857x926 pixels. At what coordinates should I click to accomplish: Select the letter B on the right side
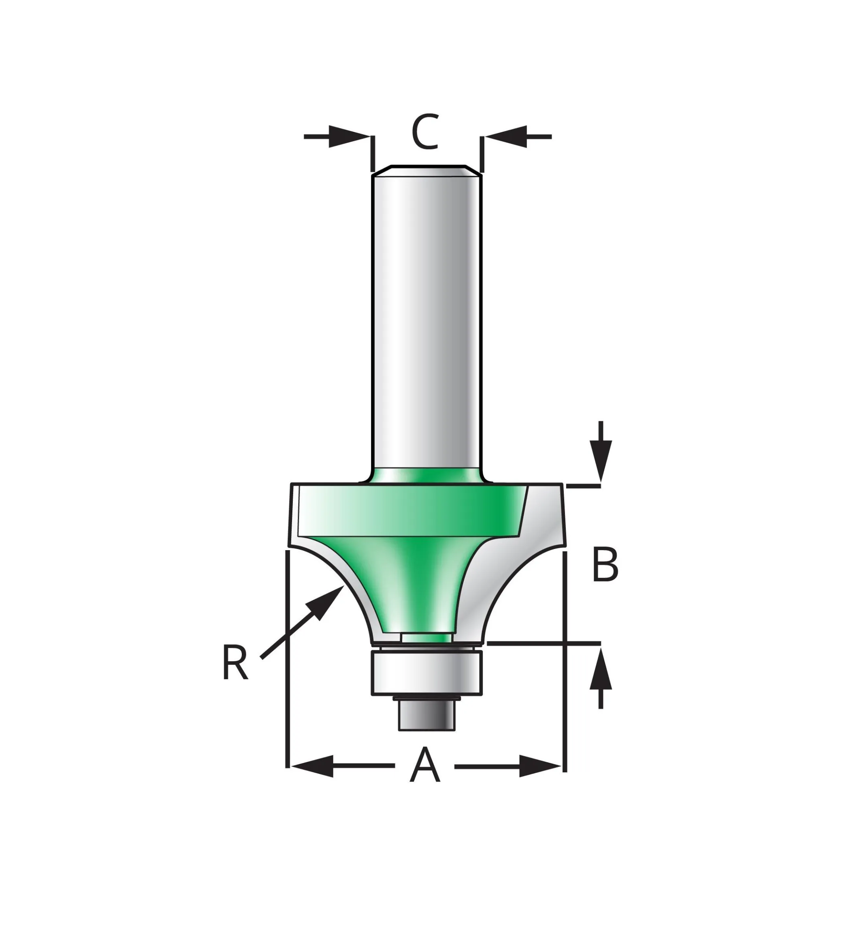605,565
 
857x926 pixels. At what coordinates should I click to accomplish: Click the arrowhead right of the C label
506,137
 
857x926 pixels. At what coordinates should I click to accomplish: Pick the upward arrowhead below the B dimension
601,670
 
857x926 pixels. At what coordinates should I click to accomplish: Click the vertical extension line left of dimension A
288,659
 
